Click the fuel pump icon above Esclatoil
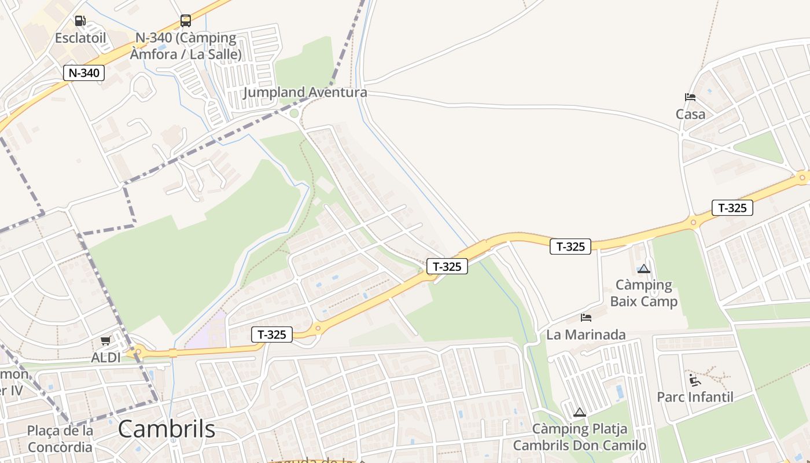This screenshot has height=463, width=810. (x=80, y=21)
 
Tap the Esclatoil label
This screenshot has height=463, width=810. (x=80, y=38)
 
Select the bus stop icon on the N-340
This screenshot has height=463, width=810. (x=185, y=21)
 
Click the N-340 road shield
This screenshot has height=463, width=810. (x=84, y=73)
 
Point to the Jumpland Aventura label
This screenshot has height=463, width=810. (x=305, y=93)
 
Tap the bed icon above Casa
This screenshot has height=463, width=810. (x=690, y=97)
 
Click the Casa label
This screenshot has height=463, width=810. (x=690, y=114)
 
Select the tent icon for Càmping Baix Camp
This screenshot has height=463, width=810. (x=643, y=269)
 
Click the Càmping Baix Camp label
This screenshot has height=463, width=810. (x=643, y=293)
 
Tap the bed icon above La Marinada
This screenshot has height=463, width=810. (x=586, y=318)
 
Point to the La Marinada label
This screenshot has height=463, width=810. (x=586, y=335)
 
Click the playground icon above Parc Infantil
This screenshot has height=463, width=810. (x=694, y=380)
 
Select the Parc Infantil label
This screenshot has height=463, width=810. (x=695, y=397)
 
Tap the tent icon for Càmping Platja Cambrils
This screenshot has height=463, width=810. (x=579, y=413)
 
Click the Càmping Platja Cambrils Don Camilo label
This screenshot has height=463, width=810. (x=579, y=438)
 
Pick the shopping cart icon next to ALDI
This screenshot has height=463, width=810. (x=105, y=341)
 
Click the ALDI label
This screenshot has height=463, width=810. (x=106, y=358)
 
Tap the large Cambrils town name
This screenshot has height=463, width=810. (x=167, y=429)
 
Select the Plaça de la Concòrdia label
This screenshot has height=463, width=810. (x=60, y=439)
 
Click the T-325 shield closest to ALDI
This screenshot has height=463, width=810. (x=272, y=335)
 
